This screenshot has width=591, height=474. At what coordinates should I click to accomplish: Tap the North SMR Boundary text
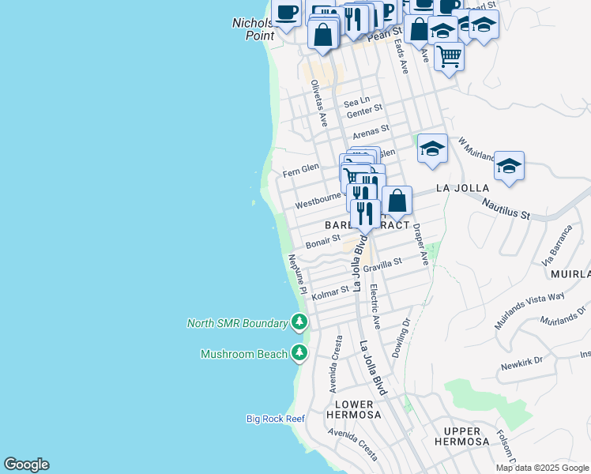point(237,322)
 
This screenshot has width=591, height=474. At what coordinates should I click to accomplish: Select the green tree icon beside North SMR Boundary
point(299,322)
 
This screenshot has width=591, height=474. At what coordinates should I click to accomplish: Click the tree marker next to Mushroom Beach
point(299,353)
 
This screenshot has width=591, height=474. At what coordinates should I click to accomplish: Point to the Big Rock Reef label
point(275,419)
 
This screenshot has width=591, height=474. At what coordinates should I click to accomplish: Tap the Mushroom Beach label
point(243,354)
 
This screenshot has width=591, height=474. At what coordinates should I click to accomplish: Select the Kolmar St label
point(330,293)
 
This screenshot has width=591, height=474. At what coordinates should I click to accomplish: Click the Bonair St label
point(322,239)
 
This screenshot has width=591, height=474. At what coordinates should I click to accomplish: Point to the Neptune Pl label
point(296,274)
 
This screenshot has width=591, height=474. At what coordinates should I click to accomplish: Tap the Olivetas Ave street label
point(319,103)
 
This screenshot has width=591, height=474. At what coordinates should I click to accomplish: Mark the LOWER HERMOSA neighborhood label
point(353,409)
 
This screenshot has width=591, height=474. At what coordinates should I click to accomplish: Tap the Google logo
point(26,465)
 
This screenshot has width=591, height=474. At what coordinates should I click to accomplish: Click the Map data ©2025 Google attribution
point(543,468)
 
